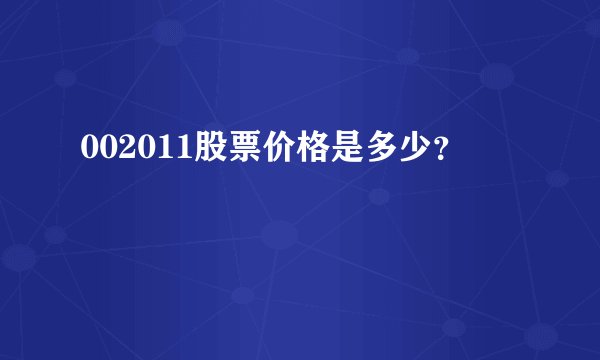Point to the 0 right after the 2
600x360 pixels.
tap(140, 148)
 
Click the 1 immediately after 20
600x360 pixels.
tap(158, 148)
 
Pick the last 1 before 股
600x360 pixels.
tap(175, 148)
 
